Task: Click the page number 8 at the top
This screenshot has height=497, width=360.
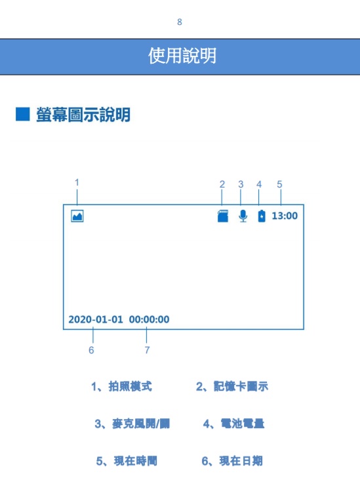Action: click(x=180, y=22)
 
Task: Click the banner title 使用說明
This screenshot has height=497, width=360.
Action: click(x=182, y=56)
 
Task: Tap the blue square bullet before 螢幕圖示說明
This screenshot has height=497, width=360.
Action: click(x=22, y=114)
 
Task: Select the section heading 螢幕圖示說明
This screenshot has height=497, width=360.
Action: click(x=83, y=115)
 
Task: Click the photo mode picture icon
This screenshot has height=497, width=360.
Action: click(x=77, y=216)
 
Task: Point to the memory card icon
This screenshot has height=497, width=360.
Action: click(x=223, y=216)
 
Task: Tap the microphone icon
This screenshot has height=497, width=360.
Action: click(x=243, y=216)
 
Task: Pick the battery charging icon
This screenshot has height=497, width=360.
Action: click(x=262, y=216)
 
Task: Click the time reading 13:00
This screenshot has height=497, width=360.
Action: click(x=285, y=216)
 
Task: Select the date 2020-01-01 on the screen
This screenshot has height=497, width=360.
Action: click(x=96, y=319)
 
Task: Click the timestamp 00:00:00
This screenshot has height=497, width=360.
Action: click(x=149, y=319)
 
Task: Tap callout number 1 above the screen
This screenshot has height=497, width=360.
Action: click(x=77, y=182)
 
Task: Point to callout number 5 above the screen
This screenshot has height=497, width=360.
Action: click(x=279, y=184)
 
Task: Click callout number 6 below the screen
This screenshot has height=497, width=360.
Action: click(x=91, y=350)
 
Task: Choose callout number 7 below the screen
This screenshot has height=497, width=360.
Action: click(x=147, y=350)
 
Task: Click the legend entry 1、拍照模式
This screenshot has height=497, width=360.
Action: click(x=121, y=386)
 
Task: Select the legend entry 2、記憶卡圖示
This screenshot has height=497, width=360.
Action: click(x=232, y=386)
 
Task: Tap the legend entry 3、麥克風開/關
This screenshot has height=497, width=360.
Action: click(x=132, y=424)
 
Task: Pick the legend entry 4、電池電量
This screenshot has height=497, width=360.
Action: click(x=233, y=424)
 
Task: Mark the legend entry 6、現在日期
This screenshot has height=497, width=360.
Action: click(x=232, y=461)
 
